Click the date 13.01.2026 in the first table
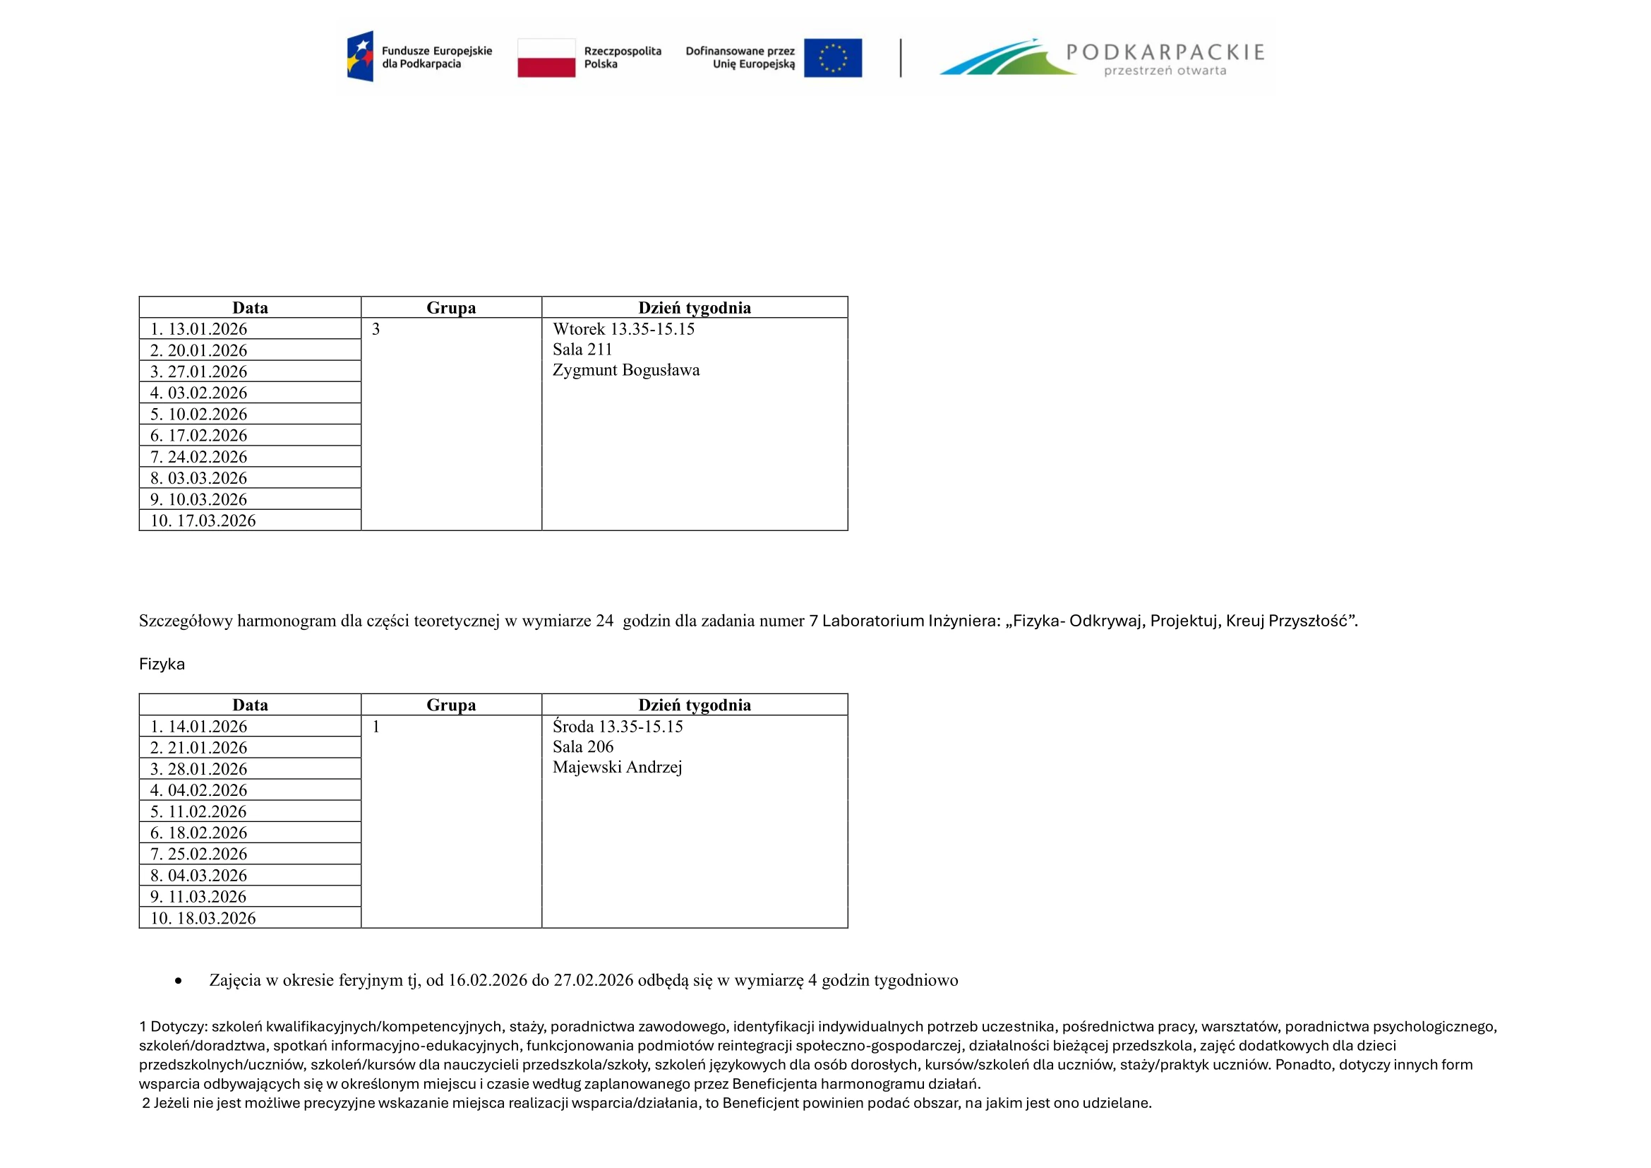click(207, 329)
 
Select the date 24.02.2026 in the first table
click(207, 458)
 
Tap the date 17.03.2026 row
click(216, 520)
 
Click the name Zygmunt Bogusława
click(625, 371)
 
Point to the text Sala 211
click(582, 350)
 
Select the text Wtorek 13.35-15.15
click(623, 329)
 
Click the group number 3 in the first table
click(376, 329)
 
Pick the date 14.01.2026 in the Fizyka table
click(207, 727)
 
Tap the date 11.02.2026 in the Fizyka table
click(207, 812)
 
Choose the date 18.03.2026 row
click(216, 919)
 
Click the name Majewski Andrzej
click(617, 768)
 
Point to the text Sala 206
click(583, 747)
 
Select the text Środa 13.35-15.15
click(618, 727)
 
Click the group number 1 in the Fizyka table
click(376, 727)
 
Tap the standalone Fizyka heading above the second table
click(162, 665)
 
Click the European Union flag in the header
click(833, 57)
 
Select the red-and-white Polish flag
click(546, 57)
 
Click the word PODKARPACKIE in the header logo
click(1165, 52)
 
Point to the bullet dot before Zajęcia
click(179, 981)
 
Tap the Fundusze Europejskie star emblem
click(360, 56)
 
